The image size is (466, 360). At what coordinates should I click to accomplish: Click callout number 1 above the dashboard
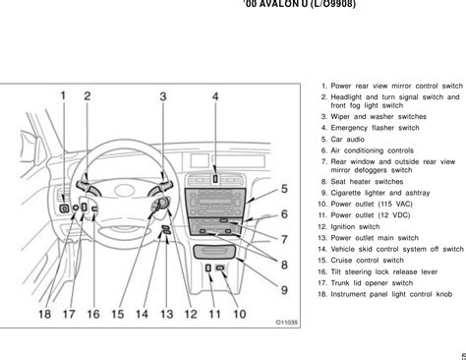pyautogui.click(x=63, y=95)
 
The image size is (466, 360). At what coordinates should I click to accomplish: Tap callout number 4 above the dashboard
pyautogui.click(x=215, y=96)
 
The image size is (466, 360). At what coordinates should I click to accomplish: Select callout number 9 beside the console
pyautogui.click(x=284, y=290)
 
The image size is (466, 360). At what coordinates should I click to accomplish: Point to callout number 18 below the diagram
pyautogui.click(x=45, y=314)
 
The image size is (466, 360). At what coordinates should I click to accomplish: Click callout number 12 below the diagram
pyautogui.click(x=191, y=314)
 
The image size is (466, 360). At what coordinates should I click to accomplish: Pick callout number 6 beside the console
pyautogui.click(x=284, y=214)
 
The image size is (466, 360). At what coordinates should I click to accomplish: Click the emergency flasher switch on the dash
pyautogui.click(x=215, y=179)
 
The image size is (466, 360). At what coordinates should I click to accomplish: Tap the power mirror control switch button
pyautogui.click(x=64, y=209)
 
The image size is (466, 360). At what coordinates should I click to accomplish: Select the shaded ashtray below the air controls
pyautogui.click(x=214, y=252)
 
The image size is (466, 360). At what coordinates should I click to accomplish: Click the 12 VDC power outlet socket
pyautogui.click(x=208, y=268)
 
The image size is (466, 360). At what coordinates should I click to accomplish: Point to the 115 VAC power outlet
pyautogui.click(x=220, y=268)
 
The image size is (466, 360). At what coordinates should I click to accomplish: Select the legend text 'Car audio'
pyautogui.click(x=347, y=140)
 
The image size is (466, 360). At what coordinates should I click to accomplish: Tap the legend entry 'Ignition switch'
pyautogui.click(x=355, y=227)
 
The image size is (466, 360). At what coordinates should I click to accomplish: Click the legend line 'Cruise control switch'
pyautogui.click(x=367, y=261)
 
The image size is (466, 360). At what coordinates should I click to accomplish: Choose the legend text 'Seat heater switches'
pyautogui.click(x=367, y=182)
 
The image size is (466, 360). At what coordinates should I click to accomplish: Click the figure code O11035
pyautogui.click(x=287, y=323)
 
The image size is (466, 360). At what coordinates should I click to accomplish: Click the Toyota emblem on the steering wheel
pyautogui.click(x=124, y=190)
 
